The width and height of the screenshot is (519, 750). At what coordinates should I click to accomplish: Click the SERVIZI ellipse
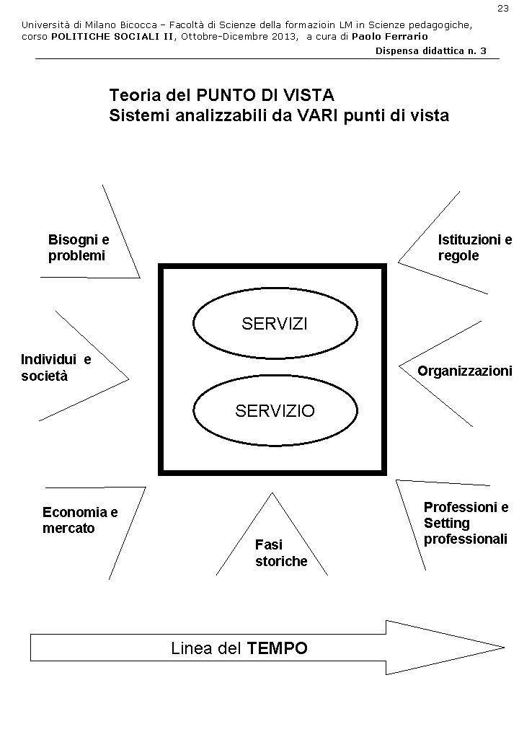[275, 324]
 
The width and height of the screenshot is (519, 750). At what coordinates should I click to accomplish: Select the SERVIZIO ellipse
[275, 411]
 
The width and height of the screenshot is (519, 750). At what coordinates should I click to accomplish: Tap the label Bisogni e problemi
[79, 247]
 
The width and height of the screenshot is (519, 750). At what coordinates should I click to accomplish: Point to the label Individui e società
[56, 367]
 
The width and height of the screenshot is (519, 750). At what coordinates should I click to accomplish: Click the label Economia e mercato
[80, 520]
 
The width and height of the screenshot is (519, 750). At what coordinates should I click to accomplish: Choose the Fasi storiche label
[280, 553]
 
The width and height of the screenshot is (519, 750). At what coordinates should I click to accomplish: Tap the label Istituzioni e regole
[474, 247]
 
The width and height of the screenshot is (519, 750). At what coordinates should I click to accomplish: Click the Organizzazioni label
[464, 371]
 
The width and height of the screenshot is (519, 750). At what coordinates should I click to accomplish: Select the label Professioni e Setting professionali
[466, 523]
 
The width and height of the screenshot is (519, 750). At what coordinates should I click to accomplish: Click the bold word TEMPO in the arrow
[277, 648]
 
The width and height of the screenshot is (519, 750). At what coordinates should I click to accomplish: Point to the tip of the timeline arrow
[502, 646]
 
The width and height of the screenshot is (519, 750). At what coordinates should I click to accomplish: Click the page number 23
[502, 8]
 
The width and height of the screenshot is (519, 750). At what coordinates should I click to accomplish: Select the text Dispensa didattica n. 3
[430, 50]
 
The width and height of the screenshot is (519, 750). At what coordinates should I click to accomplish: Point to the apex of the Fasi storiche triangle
[272, 494]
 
